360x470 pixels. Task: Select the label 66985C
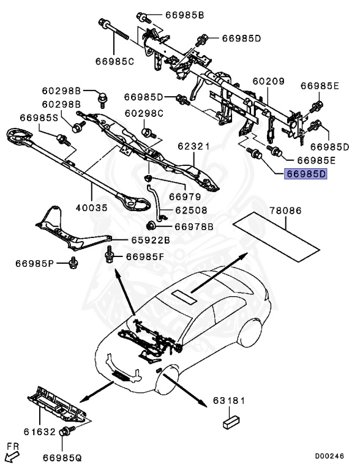[114, 61]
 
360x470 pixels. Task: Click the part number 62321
[194, 147]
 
